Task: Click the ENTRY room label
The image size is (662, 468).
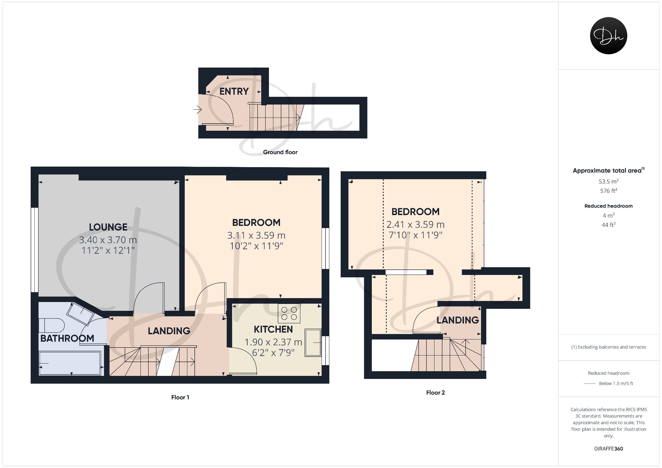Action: pyautogui.click(x=234, y=91)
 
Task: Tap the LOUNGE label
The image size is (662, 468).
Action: pyautogui.click(x=108, y=227)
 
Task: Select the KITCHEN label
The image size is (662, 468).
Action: pyautogui.click(x=273, y=329)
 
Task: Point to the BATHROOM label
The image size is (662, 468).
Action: pyautogui.click(x=67, y=338)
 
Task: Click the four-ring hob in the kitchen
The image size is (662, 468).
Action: pyautogui.click(x=289, y=313)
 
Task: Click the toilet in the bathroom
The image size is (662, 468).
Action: pyautogui.click(x=52, y=325)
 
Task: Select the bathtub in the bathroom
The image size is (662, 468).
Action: pyautogui.click(x=70, y=363)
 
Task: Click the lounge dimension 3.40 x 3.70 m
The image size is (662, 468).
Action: pyautogui.click(x=108, y=240)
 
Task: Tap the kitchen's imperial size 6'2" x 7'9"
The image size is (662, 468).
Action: pyautogui.click(x=273, y=353)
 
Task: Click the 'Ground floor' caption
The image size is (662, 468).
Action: pyautogui.click(x=280, y=152)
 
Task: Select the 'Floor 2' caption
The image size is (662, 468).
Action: pyautogui.click(x=435, y=392)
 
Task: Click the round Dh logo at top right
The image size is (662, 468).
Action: pyautogui.click(x=608, y=36)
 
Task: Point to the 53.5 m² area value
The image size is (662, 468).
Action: pyautogui.click(x=608, y=181)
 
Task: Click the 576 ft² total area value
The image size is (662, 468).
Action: pyautogui.click(x=608, y=191)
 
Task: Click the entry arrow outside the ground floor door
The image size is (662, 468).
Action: pyautogui.click(x=197, y=109)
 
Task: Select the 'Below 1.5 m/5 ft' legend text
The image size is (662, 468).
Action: pyautogui.click(x=616, y=384)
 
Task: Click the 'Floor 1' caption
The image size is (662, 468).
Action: pyautogui.click(x=180, y=397)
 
